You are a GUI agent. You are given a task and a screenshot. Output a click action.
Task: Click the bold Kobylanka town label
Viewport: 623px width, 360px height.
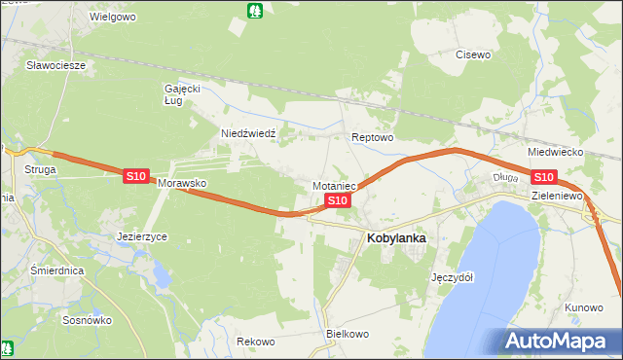click(x=395, y=237)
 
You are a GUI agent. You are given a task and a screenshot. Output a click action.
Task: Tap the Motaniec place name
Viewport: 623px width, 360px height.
click(x=336, y=185)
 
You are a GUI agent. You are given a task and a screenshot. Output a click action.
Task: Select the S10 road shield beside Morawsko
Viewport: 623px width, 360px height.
click(x=135, y=176)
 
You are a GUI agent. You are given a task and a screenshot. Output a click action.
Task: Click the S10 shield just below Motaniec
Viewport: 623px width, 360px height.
click(x=337, y=200)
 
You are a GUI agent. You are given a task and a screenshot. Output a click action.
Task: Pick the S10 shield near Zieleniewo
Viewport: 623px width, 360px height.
click(x=543, y=176)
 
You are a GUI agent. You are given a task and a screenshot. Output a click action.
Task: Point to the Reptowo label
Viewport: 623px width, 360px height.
click(x=372, y=138)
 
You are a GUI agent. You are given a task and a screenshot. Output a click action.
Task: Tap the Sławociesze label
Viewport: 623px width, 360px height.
click(x=56, y=65)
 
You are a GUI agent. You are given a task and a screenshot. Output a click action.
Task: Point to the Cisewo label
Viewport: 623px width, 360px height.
click(x=473, y=54)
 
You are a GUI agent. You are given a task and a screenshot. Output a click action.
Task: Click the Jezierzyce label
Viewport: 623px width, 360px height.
click(x=142, y=236)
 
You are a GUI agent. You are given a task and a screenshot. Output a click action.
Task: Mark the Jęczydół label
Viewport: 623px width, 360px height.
click(x=452, y=276)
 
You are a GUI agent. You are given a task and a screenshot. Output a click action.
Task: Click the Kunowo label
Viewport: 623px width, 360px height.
click(x=583, y=307)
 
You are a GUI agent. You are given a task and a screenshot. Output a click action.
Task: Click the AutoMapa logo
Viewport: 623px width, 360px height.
click(x=558, y=342)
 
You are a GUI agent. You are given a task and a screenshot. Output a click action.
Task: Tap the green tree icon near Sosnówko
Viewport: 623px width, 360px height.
click(x=9, y=345)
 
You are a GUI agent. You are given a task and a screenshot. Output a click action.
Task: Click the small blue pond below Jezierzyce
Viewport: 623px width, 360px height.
click(x=162, y=275)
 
